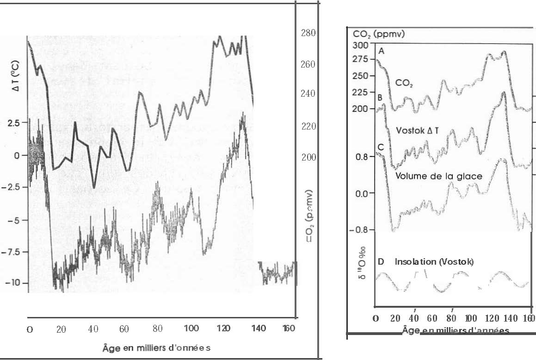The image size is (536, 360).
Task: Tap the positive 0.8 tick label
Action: coord(362,156)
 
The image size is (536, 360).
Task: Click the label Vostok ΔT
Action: coord(418,130)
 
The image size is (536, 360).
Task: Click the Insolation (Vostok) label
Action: coord(434,261)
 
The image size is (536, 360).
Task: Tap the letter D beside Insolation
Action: coord(381,261)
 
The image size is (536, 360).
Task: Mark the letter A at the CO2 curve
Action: coord(382,51)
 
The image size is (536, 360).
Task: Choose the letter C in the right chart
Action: coord(381,147)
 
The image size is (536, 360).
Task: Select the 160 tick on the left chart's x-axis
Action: coord(290,329)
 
